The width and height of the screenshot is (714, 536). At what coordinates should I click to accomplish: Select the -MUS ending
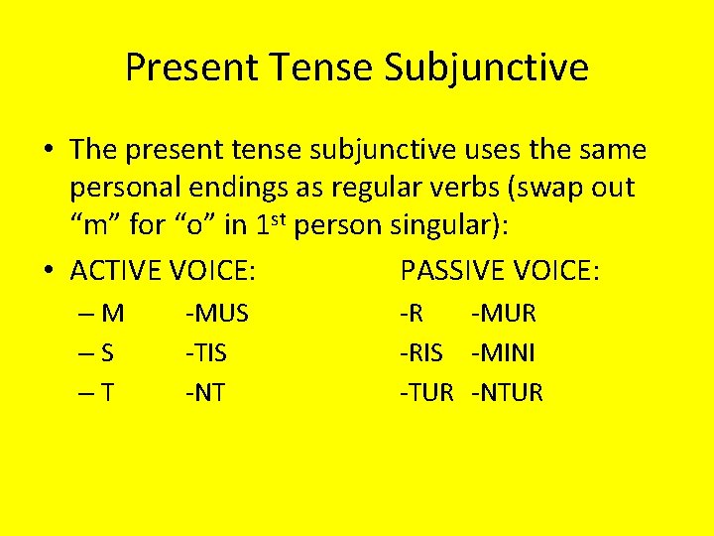[x=216, y=314]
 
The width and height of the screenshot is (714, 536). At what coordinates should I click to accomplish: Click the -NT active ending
[x=204, y=393]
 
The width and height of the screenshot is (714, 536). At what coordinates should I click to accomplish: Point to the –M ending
[x=103, y=314]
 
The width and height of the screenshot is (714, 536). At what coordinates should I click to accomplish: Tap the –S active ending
[x=100, y=353]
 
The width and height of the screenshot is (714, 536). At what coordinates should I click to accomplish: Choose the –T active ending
[x=100, y=393]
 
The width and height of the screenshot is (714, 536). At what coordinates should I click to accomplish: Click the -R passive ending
[x=412, y=314]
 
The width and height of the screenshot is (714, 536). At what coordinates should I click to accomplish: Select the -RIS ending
[x=420, y=353]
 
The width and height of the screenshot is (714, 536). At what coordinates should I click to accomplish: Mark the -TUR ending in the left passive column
[x=425, y=393]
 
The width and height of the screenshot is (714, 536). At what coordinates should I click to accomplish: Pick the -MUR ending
[x=504, y=314]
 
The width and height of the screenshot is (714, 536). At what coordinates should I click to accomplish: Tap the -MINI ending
[x=504, y=353]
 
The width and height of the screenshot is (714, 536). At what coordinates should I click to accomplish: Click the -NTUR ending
[x=508, y=393]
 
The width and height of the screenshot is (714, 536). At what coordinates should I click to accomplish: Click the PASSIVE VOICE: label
[x=499, y=270]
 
